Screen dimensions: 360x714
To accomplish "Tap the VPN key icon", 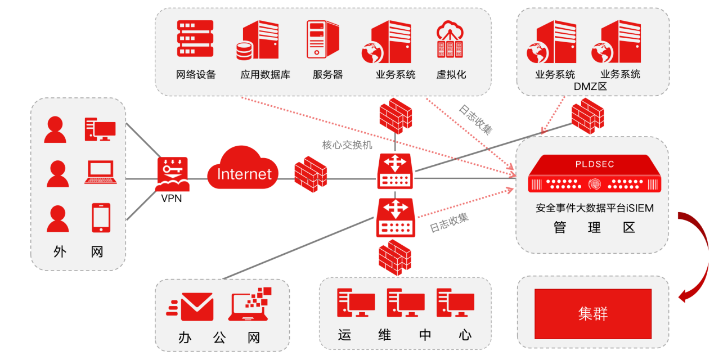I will pos(173,174).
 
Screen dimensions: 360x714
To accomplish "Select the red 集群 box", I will pos(592,313).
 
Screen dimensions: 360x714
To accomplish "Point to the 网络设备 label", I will pos(196,74).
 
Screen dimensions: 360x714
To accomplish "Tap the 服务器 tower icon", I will pos(323,39).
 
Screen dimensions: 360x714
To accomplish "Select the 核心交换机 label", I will pos(347,145).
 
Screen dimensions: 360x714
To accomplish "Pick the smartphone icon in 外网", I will pos(101,218).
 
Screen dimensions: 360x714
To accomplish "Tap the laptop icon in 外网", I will pos(101,173).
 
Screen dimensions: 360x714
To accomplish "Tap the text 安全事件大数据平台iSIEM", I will pos(594,208).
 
